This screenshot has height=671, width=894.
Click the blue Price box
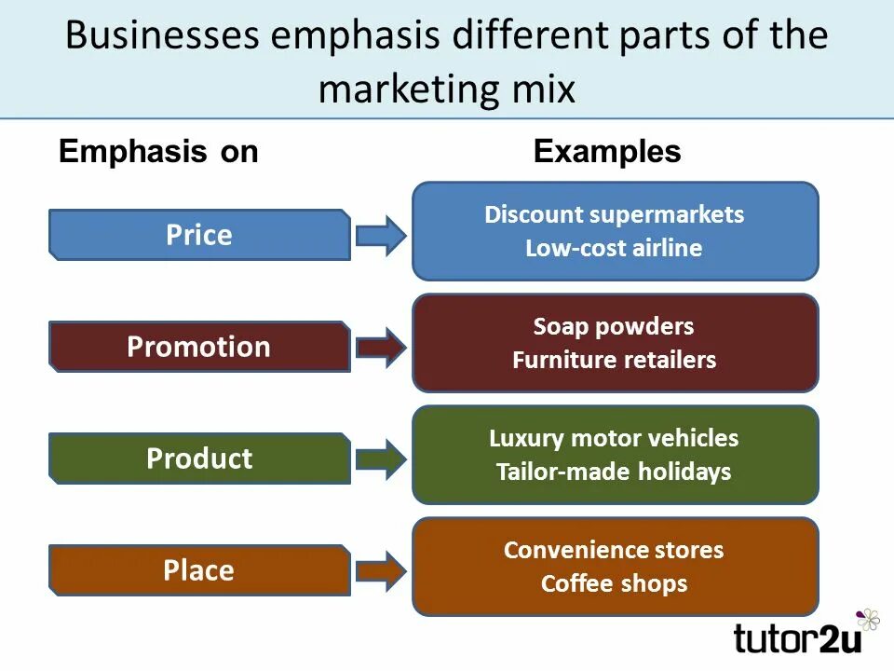tap(199, 235)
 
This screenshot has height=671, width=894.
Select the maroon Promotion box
tap(199, 347)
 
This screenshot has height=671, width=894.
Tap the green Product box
tap(199, 459)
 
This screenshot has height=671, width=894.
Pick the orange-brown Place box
tap(199, 570)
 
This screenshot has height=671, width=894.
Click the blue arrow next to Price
tap(380, 235)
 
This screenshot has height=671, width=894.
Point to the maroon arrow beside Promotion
tap(380, 347)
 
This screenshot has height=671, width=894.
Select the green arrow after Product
tap(380, 459)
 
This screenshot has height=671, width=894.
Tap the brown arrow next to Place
tap(380, 570)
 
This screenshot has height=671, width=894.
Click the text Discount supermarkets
tap(614, 214)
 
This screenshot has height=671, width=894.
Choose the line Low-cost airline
tap(614, 248)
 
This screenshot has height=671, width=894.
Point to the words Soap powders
tap(614, 326)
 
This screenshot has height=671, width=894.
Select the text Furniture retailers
tap(614, 360)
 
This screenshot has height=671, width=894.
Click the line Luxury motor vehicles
tap(614, 438)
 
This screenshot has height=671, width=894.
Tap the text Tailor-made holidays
tap(614, 472)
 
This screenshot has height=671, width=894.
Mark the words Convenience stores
tap(614, 550)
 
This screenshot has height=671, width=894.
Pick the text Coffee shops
tap(614, 583)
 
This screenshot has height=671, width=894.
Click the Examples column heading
tap(607, 152)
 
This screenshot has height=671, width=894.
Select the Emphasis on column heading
tap(158, 152)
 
